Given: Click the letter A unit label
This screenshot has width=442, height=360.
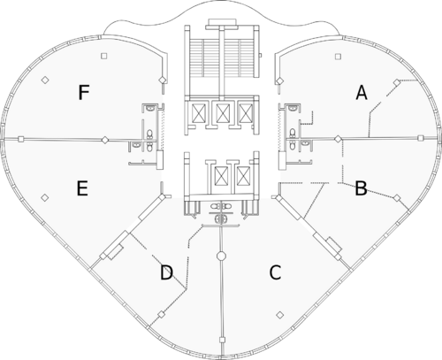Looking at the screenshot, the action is coord(362,93).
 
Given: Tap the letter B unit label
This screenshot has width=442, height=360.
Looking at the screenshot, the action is coord(361,188).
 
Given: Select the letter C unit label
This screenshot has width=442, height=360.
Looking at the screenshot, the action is coord(275,272).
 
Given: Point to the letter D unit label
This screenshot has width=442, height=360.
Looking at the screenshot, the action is coord(166,272).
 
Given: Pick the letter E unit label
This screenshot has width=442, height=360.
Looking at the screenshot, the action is coord(82,188).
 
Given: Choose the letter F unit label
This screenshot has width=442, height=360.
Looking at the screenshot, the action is coord(84,92).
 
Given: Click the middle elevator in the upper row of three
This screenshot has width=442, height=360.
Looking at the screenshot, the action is coord(221,113).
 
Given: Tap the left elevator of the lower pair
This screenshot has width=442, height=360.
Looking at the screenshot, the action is coord(221,176).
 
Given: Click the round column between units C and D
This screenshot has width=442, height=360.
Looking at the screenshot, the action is coord(221,256).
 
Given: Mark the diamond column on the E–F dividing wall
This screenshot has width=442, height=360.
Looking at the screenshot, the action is coord(105,140).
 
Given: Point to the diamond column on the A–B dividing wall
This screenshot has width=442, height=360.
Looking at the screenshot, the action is coord(338,138).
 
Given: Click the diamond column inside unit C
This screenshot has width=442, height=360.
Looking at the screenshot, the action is coord(280,315).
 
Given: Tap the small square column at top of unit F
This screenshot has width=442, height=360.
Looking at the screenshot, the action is coord(103,56).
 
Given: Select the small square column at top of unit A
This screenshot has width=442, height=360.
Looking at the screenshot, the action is coord(338,56).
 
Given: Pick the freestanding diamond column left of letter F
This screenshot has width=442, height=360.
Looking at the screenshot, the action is coord(45,80).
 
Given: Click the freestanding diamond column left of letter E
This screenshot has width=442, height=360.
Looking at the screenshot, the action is coord(45,197).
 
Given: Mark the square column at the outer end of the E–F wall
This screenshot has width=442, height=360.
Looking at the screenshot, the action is coord(20,139).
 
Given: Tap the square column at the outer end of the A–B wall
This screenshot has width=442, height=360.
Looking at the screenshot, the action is coord(421,138).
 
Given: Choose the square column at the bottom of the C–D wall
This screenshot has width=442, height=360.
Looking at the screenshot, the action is coord(222,340).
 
